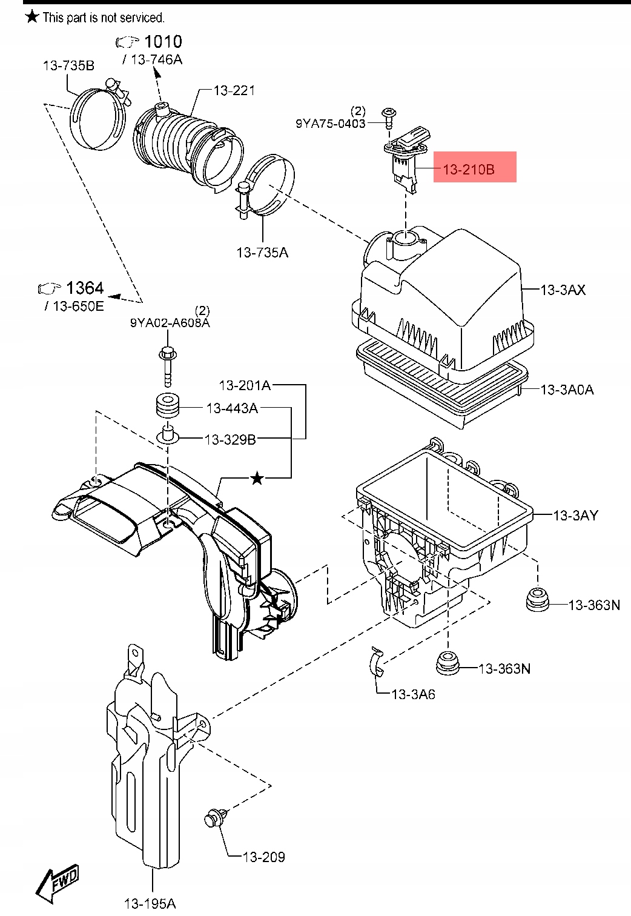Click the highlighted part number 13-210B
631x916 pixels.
[469, 169]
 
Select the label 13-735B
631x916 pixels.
[68, 65]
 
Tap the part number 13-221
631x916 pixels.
[234, 90]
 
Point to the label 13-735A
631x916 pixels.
[262, 252]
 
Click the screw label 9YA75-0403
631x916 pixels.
[330, 123]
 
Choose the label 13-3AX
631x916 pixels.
[563, 290]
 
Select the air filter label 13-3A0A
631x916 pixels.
[567, 390]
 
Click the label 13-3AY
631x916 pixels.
[575, 515]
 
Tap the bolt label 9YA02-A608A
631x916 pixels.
[170, 323]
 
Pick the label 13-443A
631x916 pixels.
[232, 408]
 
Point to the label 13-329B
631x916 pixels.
[230, 439]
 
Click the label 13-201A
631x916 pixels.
[245, 385]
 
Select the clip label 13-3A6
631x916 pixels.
[413, 694]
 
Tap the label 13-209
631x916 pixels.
[263, 857]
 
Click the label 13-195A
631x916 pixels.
[150, 903]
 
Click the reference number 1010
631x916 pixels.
[163, 41]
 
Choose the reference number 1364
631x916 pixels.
[85, 288]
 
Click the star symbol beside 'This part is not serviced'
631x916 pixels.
[32, 17]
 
